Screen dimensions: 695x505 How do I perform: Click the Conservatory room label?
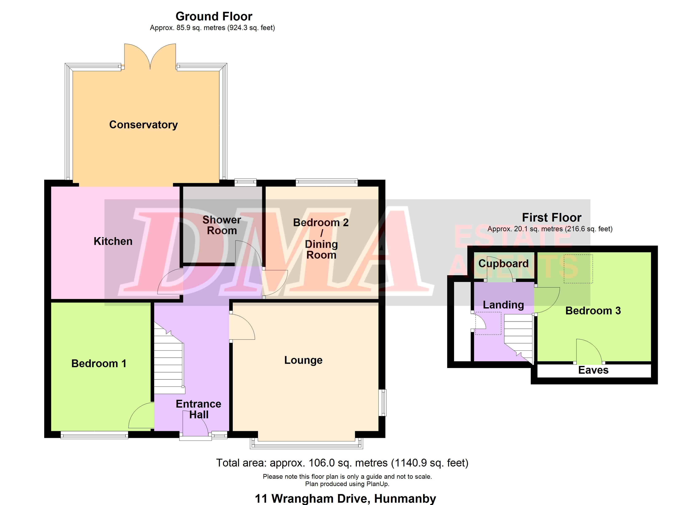click(143, 125)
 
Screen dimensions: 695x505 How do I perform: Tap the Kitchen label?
click(113, 241)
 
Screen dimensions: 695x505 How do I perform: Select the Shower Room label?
click(222, 225)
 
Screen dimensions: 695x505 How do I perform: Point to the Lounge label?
click(303, 360)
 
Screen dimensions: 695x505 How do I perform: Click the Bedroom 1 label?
click(99, 364)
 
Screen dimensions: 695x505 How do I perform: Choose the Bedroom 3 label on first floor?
click(593, 311)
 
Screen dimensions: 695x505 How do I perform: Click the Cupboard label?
click(504, 264)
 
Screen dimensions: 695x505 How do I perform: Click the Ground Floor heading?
click(214, 16)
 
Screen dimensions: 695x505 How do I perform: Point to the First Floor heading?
click(552, 217)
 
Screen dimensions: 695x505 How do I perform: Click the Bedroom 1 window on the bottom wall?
click(94, 435)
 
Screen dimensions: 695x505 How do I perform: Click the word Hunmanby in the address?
click(405, 498)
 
